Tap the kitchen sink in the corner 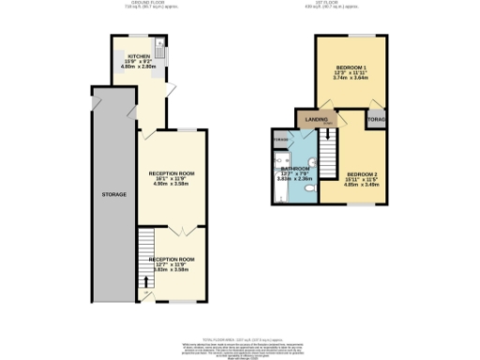tap(160, 44)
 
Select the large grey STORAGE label tap(115, 193)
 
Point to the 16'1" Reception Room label tap(171, 173)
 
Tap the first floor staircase tap(327, 150)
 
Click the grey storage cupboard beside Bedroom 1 tap(377, 120)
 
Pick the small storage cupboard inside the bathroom tap(280, 140)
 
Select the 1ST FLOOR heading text tap(349, 4)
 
